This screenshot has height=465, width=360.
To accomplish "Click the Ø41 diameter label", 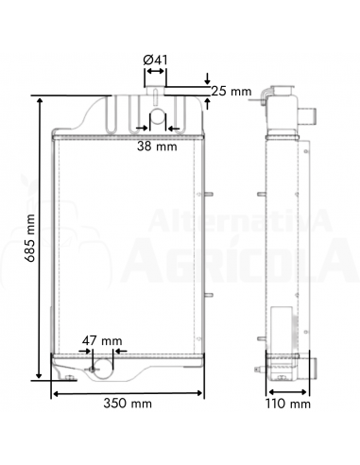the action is [155, 60].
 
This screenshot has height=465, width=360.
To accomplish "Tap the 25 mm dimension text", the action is [231, 92].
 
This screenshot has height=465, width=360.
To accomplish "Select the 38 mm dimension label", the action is [157, 146].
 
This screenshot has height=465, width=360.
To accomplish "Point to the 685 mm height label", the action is [30, 238].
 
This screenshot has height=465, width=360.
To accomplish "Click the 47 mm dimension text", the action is [102, 341].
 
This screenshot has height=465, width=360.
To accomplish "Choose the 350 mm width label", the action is [128, 404].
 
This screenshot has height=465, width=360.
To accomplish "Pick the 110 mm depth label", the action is [288, 404].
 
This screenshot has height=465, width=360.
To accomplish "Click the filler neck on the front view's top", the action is [155, 91].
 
